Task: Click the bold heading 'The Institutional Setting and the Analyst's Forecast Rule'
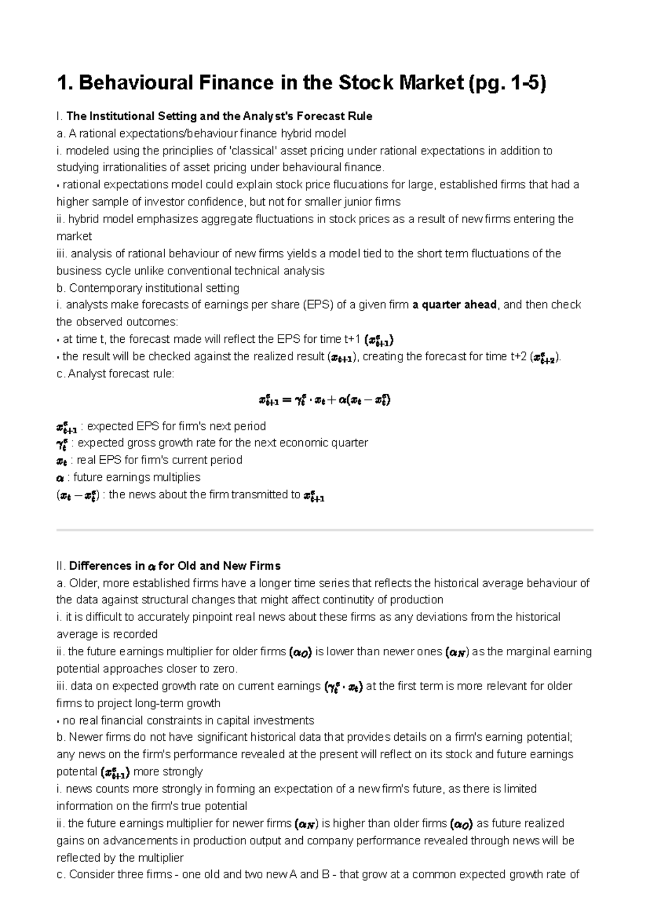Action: click(x=219, y=116)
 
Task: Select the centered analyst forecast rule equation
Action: click(x=324, y=401)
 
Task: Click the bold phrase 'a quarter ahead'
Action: click(x=454, y=305)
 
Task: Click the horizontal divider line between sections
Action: click(x=324, y=530)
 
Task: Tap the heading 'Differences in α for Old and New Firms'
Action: click(x=174, y=566)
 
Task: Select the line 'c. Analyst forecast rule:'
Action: click(x=116, y=374)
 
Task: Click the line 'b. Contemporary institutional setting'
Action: click(x=148, y=288)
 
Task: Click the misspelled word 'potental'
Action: click(x=77, y=772)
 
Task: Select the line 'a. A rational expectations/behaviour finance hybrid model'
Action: click(x=201, y=133)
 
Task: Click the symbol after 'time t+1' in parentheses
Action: click(x=379, y=340)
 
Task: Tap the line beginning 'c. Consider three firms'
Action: click(x=317, y=875)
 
